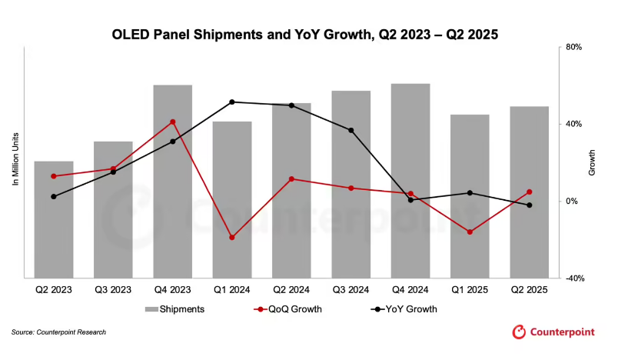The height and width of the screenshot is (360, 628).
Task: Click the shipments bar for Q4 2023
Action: pyautogui.click(x=172, y=181)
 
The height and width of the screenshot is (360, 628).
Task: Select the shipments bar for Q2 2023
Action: pyautogui.click(x=54, y=219)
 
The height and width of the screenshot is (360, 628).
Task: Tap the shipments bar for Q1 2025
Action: pyautogui.click(x=470, y=196)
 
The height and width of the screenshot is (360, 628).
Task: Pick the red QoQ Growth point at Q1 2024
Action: pyautogui.click(x=232, y=238)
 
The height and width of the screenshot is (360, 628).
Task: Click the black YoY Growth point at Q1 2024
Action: pyautogui.click(x=232, y=102)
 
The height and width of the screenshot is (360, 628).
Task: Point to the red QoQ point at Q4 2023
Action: pyautogui.click(x=172, y=122)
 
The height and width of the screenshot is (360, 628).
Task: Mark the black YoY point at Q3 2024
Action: pyautogui.click(x=351, y=130)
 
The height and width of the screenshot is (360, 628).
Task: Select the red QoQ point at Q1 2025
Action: pyautogui.click(x=470, y=232)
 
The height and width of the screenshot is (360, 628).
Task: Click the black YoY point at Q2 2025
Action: pyautogui.click(x=529, y=205)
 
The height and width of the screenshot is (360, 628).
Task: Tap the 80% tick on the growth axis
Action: pyautogui.click(x=574, y=47)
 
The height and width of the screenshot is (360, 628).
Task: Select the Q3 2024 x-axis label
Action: pyautogui.click(x=351, y=291)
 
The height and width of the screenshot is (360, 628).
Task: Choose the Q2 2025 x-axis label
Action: pyautogui.click(x=529, y=291)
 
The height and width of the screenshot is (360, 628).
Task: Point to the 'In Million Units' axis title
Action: pyautogui.click(x=15, y=158)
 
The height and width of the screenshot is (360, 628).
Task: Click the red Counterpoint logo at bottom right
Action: pyautogui.click(x=553, y=332)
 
